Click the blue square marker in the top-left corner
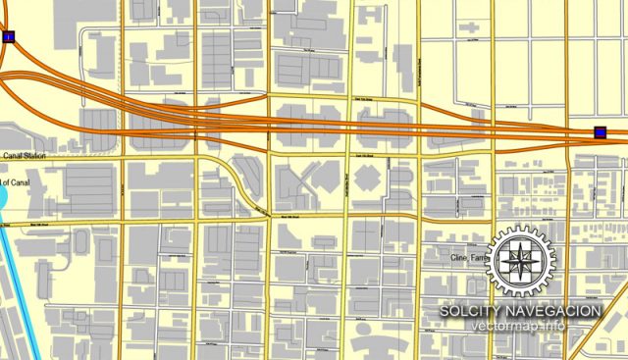coord(9,37)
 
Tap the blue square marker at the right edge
coord(600,132)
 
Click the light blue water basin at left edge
coord(2,197)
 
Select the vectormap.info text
coord(521,326)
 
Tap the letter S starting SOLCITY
coord(445,311)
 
